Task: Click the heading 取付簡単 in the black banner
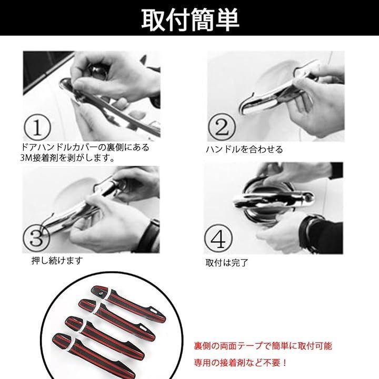pos(190,20)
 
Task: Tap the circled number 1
pos(37,127)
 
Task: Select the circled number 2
pos(222,127)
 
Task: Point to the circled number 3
pos(36,237)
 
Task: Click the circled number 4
pos(218,238)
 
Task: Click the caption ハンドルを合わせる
pos(244,149)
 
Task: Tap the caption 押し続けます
pos(57,261)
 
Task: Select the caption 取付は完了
pos(227,263)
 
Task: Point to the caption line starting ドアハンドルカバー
pos(85,147)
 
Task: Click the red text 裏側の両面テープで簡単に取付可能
pos(263,346)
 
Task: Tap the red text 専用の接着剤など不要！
pos(241,363)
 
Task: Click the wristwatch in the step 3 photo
pos(151,234)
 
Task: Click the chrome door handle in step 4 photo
pos(274,200)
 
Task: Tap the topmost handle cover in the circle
pos(128,303)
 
